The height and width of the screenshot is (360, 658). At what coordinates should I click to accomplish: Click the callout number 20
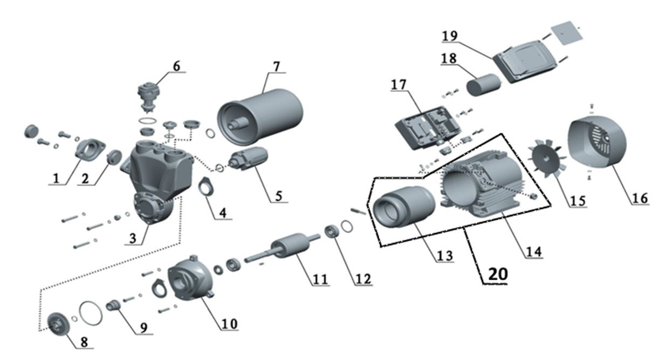pyautogui.click(x=497, y=274)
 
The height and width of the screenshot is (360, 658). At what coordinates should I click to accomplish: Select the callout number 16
pyautogui.click(x=640, y=198)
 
